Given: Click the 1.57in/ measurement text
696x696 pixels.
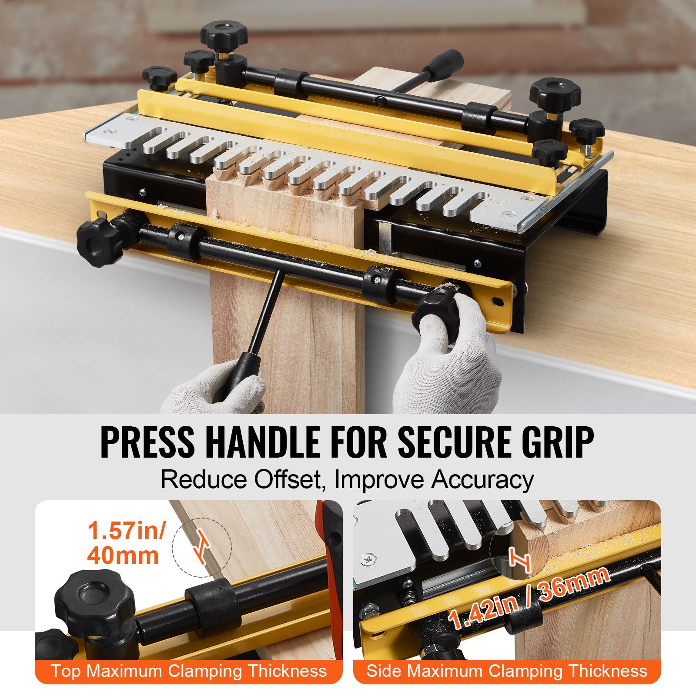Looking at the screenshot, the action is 127,531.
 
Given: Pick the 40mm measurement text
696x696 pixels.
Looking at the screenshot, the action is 123,556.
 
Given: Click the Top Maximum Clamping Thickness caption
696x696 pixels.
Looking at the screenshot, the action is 189,670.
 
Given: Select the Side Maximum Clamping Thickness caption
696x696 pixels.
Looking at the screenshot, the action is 507,670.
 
